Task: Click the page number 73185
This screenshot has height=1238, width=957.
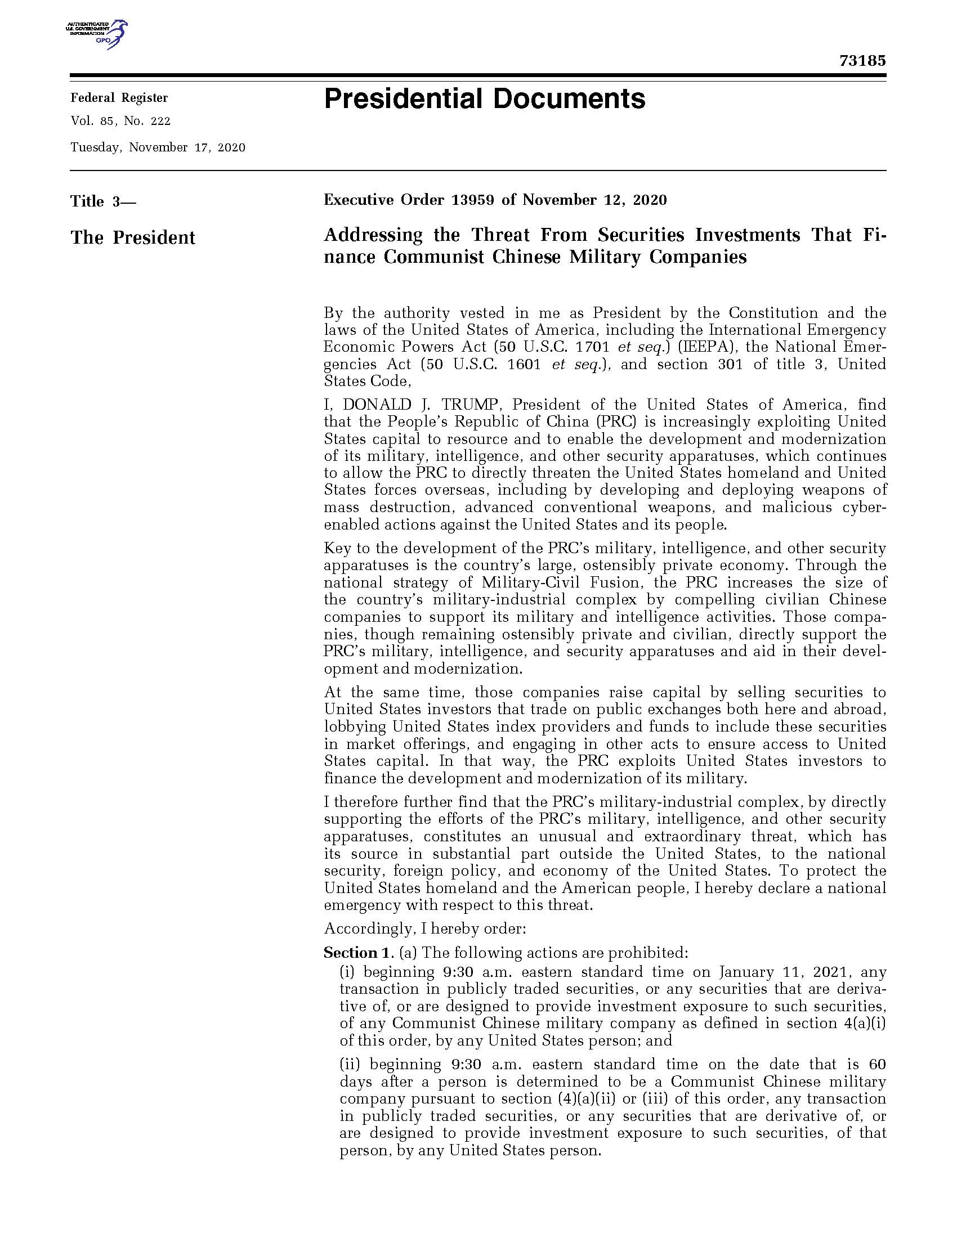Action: click(x=862, y=61)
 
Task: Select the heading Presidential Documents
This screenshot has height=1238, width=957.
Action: click(x=484, y=99)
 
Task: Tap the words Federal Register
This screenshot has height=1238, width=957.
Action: click(x=119, y=98)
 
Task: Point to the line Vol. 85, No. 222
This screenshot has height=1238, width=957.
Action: click(x=120, y=122)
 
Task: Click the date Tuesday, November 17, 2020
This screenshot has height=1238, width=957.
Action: click(x=158, y=148)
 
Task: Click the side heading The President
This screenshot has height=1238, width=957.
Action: click(x=133, y=237)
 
